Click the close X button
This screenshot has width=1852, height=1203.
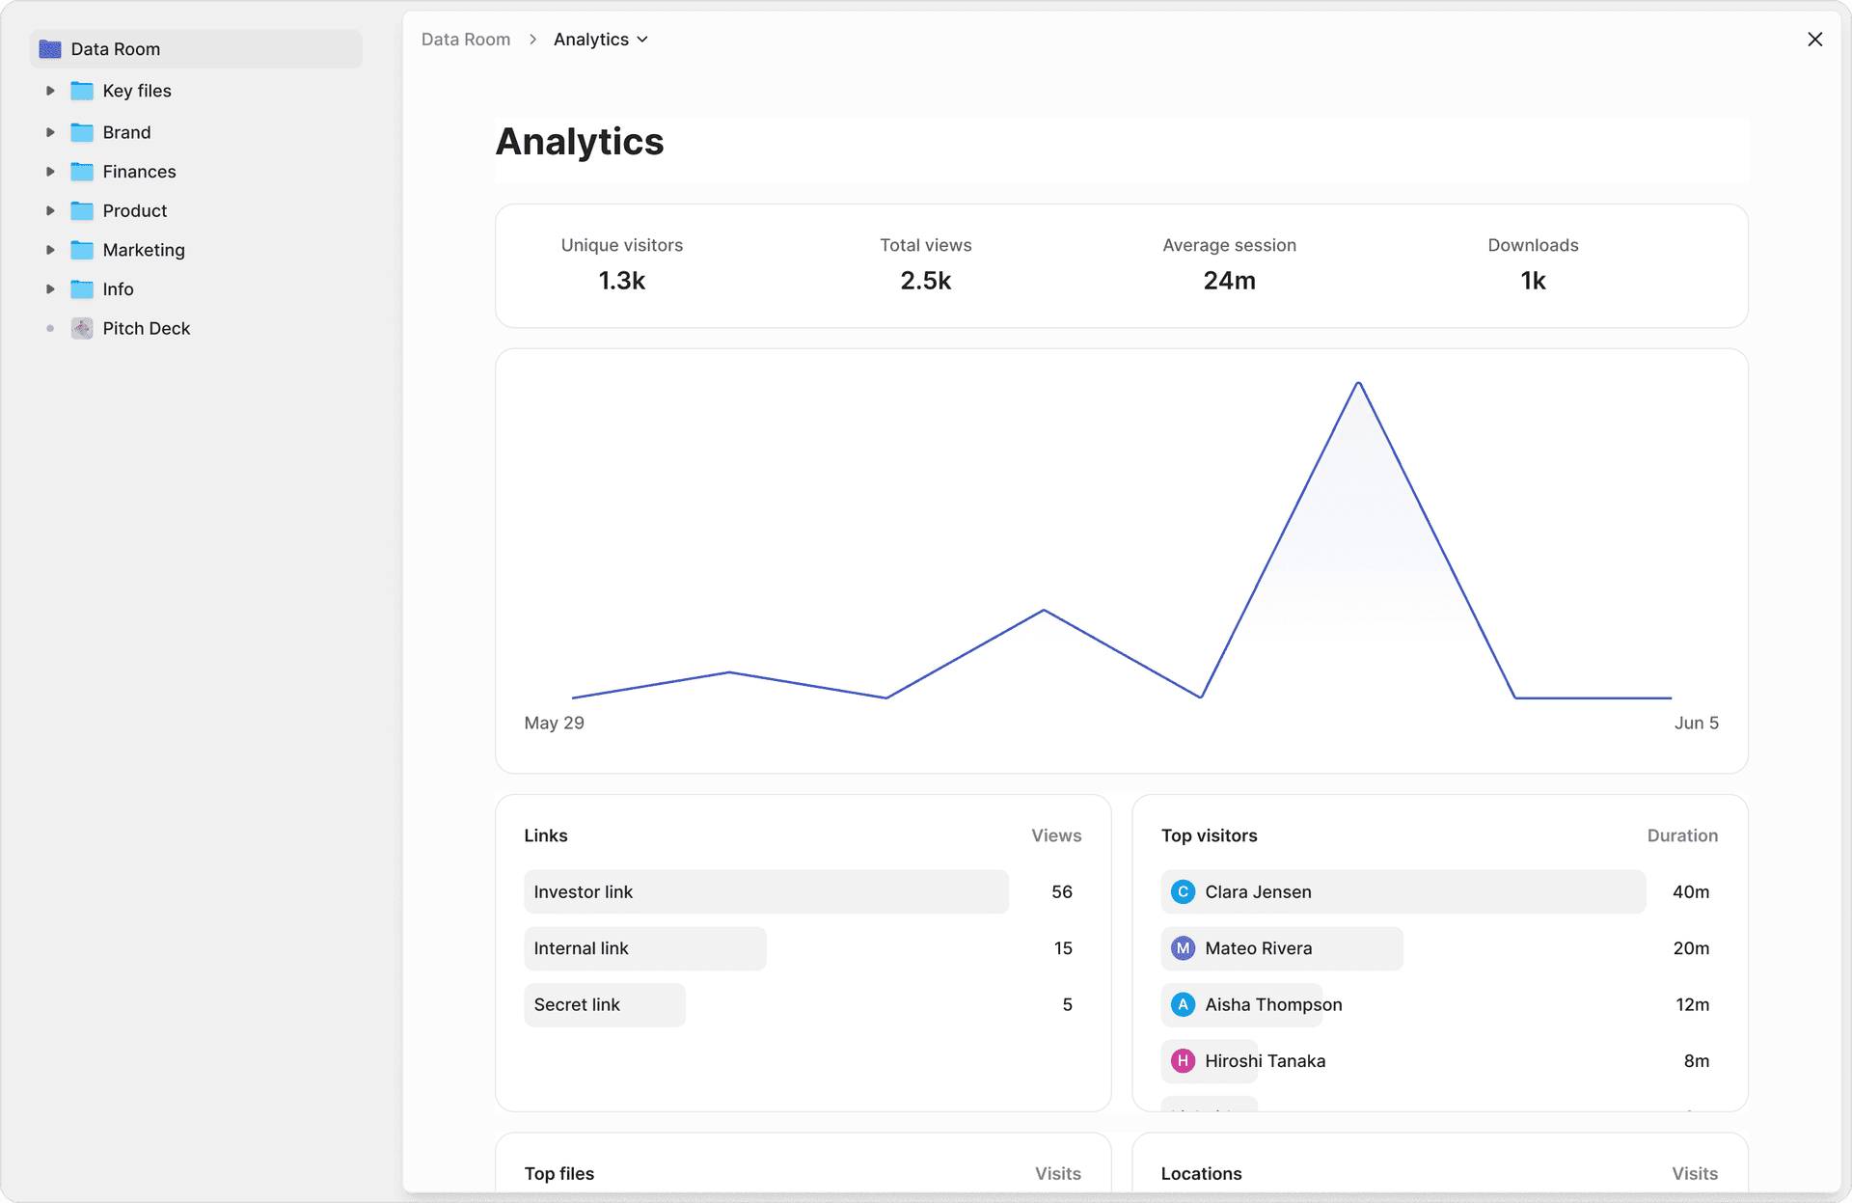click(x=1814, y=40)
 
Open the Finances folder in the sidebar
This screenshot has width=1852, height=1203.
click(x=139, y=172)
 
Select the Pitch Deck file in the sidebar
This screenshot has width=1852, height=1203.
click(x=146, y=329)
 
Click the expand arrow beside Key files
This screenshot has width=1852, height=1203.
click(x=50, y=91)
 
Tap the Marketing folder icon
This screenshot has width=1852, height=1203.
click(x=82, y=250)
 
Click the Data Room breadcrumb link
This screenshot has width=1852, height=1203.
click(x=466, y=40)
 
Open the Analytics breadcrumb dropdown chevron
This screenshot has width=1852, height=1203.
click(x=642, y=40)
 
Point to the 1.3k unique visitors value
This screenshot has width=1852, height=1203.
click(x=621, y=281)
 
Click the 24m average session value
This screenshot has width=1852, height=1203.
click(x=1229, y=281)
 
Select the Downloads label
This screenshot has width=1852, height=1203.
click(x=1533, y=245)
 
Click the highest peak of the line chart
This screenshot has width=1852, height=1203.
click(x=1358, y=384)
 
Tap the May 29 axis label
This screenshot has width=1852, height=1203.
click(x=554, y=723)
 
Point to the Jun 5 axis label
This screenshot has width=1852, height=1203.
click(x=1696, y=723)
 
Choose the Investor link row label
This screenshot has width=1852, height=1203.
click(x=584, y=892)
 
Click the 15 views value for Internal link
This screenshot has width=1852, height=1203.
click(x=1063, y=948)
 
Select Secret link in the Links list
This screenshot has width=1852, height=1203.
click(x=577, y=1004)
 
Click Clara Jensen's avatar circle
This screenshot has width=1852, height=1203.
click(x=1183, y=892)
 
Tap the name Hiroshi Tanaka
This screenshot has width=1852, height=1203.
click(x=1265, y=1061)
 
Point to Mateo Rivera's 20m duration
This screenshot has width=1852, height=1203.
click(x=1690, y=948)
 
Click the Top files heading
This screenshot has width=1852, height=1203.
click(x=559, y=1173)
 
